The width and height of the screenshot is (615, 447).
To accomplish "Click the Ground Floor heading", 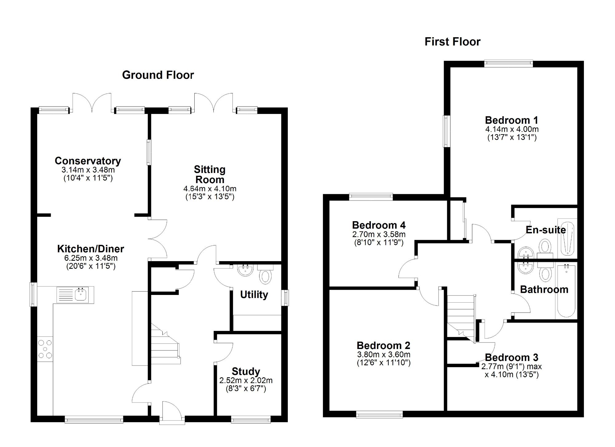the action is (x=158, y=75).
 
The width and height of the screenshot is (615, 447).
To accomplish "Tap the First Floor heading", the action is (x=452, y=42).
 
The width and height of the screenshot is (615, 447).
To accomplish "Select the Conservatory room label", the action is (x=88, y=161).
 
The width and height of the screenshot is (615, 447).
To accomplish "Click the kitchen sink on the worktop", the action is (x=81, y=294).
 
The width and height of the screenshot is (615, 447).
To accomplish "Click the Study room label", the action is (x=246, y=371).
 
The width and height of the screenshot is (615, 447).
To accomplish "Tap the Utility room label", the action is (x=254, y=294).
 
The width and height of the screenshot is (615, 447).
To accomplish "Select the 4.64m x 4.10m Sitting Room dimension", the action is (x=210, y=189).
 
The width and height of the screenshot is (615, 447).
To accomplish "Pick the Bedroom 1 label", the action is (x=512, y=120).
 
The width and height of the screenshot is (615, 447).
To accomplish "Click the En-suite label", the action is (x=546, y=230).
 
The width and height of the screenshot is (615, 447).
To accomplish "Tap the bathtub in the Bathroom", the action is (x=566, y=290).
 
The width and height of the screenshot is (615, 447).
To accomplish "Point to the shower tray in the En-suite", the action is (x=567, y=238).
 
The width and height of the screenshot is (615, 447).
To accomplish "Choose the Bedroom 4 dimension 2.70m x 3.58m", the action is (x=379, y=234).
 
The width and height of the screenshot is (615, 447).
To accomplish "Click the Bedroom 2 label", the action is (x=383, y=346).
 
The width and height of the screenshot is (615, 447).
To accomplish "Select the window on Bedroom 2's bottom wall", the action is (x=379, y=415).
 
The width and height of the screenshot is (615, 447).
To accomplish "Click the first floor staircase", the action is (x=461, y=316).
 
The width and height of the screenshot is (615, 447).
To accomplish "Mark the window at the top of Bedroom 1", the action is (x=508, y=63).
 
